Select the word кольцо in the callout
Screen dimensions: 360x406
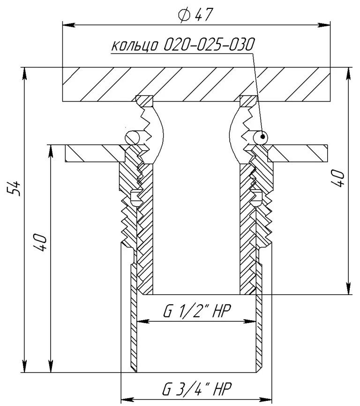[135, 46]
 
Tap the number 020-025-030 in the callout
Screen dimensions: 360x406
[209, 44]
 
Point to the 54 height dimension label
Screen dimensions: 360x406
[14, 188]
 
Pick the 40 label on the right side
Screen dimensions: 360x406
[338, 178]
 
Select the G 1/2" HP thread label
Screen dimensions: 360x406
[197, 311]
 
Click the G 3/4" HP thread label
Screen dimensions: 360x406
[197, 388]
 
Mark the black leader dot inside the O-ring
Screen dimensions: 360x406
[263, 136]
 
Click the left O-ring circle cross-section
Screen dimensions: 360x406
[132, 137]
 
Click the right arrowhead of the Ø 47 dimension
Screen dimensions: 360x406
[324, 25]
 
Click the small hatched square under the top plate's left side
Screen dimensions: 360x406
[144, 101]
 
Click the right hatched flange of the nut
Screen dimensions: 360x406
[298, 154]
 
